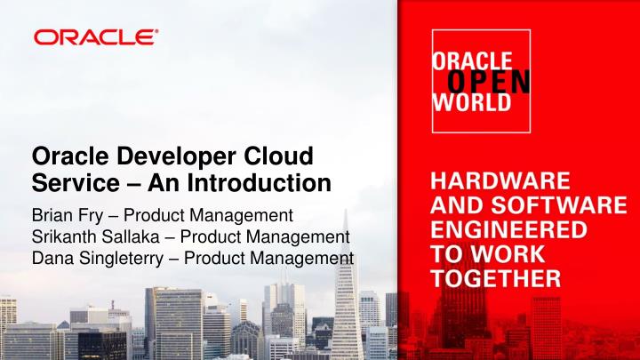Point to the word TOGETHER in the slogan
pos(496,277)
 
